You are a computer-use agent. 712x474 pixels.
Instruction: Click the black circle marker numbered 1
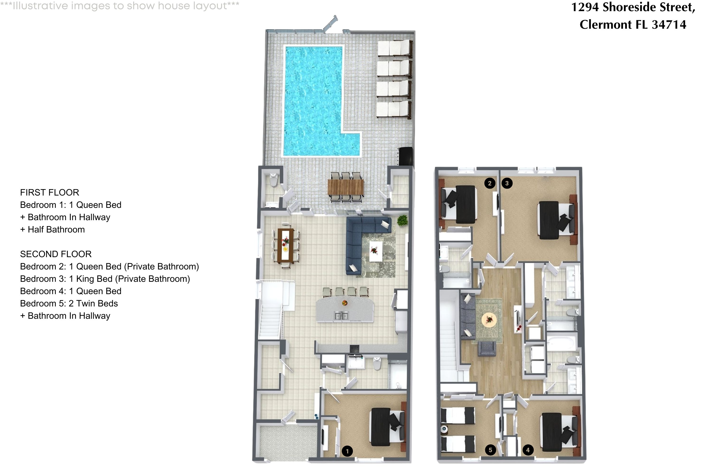[x=347, y=451]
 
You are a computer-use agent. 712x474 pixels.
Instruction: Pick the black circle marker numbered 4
[x=528, y=450]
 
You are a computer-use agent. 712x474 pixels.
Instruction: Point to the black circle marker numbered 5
[x=490, y=450]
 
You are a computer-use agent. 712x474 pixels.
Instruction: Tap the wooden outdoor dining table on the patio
[x=346, y=187]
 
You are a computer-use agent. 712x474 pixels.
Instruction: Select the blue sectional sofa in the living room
[x=357, y=239]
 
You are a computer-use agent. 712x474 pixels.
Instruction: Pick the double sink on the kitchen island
[x=341, y=316]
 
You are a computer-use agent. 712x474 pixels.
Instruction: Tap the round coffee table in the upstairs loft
[x=489, y=319]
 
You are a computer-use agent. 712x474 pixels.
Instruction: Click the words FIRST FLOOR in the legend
[x=50, y=192]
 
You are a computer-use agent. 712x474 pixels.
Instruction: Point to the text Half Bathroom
[x=56, y=229]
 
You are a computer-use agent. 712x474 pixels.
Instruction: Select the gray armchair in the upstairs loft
[x=487, y=349]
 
